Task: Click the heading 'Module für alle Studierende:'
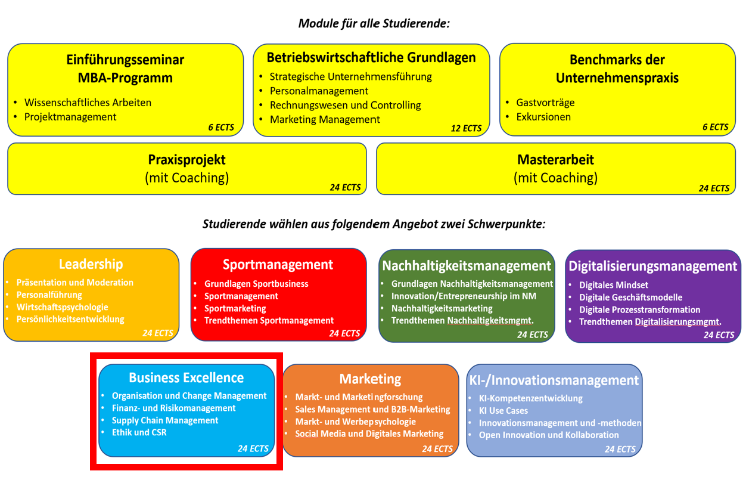point(374,24)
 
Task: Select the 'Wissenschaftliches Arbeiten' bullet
point(88,103)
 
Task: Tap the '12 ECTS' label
point(466,128)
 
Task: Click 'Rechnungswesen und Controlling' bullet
point(345,105)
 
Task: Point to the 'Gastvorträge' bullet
point(545,103)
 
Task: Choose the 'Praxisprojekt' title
point(186,160)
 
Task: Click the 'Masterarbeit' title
point(555,160)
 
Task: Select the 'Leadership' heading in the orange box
point(91,264)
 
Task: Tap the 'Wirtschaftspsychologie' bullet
point(63,307)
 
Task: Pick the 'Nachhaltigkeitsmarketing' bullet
point(442,308)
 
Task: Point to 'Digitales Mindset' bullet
point(614,285)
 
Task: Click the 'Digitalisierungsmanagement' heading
point(653,266)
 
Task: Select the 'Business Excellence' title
point(186,377)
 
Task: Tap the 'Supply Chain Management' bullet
point(165,420)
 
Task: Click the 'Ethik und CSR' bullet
point(139,432)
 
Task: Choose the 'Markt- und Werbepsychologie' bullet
point(356,422)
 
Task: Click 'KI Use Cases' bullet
point(503,410)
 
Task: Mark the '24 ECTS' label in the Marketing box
point(437,448)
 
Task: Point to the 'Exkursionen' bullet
point(543,117)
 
